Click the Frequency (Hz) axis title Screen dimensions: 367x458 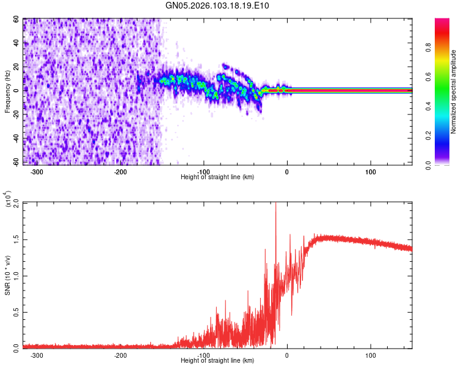coord(7,92)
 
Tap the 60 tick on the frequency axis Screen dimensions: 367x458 coord(16,20)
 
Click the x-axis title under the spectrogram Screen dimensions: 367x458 coord(217,177)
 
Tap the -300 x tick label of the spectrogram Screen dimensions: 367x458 coord(37,171)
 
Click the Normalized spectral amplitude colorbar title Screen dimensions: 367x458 coord(453,92)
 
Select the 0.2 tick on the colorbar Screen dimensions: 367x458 coord(444,135)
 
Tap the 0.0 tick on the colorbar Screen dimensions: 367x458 coord(444,164)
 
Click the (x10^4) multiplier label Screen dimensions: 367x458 coord(8,199)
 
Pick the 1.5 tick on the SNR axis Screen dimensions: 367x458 coord(16,239)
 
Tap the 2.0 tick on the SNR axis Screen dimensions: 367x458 coord(16,202)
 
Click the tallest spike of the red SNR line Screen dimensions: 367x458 coord(275,204)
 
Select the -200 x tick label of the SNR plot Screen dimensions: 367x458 coord(120,355)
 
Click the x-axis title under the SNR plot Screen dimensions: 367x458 coord(217,361)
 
